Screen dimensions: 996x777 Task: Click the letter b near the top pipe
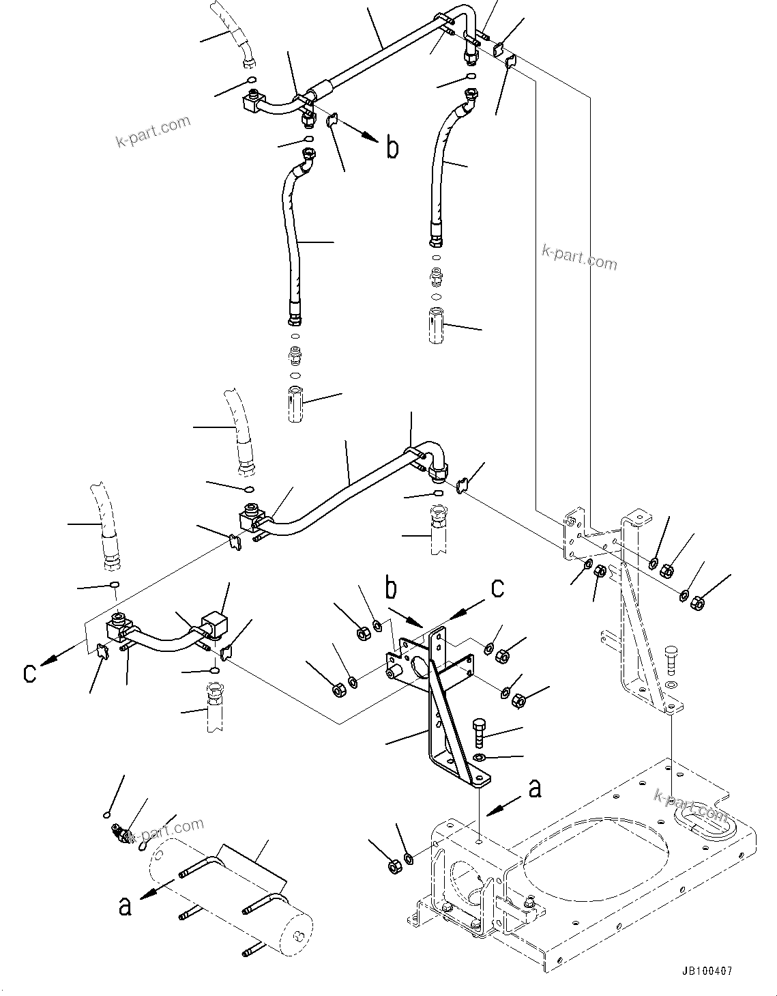point(392,147)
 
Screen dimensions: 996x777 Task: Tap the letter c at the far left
point(29,672)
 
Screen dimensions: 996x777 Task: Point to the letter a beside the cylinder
point(124,906)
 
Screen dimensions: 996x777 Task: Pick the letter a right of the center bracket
point(535,788)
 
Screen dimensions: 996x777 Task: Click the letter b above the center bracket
point(392,588)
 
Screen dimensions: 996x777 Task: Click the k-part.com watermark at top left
point(153,132)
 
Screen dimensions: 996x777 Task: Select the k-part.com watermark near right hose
point(578,257)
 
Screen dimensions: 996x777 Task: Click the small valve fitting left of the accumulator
point(121,835)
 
